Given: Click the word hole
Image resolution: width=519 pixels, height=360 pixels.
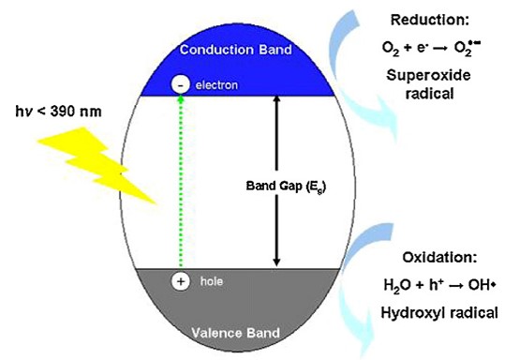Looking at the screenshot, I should pyautogui.click(x=206, y=279).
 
